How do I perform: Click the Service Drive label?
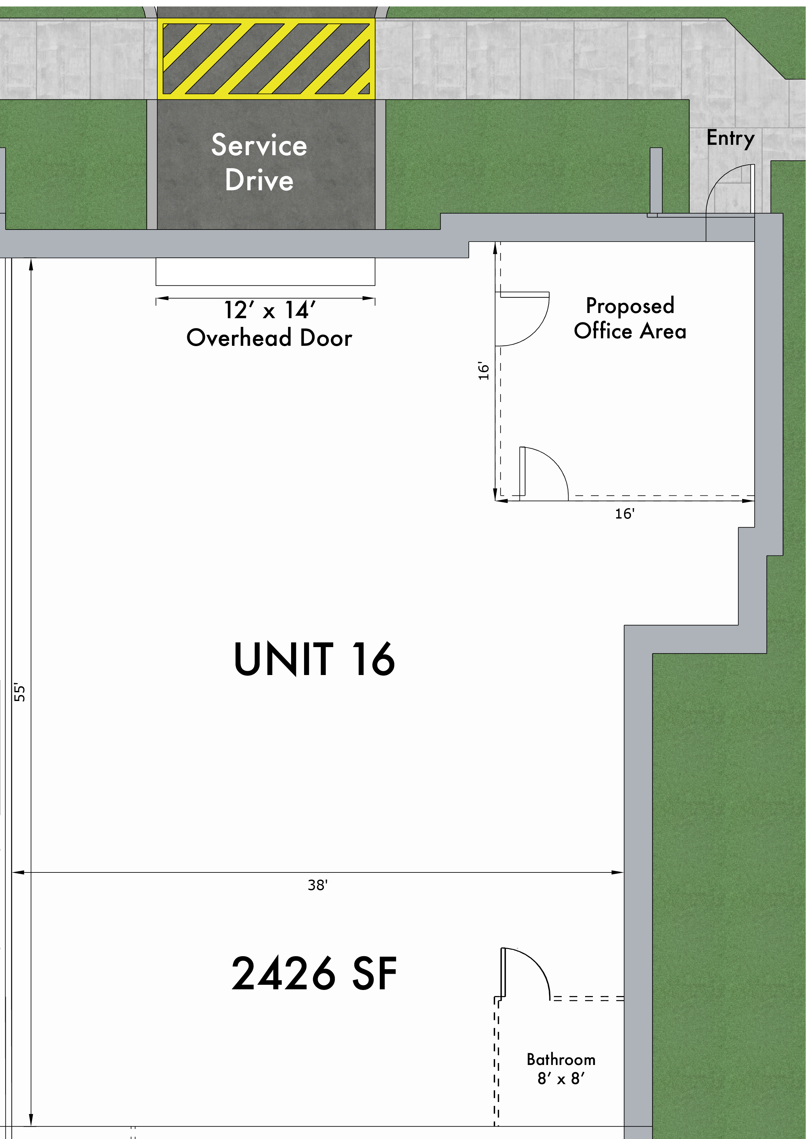point(259,162)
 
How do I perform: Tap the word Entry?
point(730,138)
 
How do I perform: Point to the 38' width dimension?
point(318,885)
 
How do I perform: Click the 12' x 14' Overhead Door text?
point(269,324)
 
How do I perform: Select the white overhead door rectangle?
point(265,271)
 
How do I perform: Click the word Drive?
point(259,180)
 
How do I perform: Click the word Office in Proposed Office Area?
point(603,331)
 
